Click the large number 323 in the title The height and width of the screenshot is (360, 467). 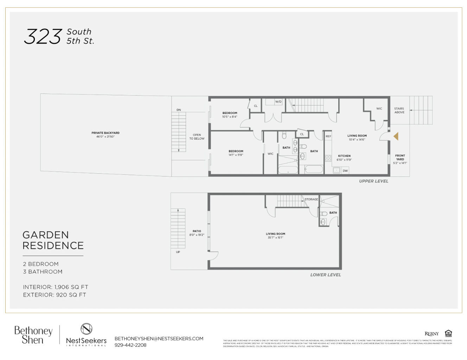click(x=43, y=37)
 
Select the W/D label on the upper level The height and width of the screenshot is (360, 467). click(x=278, y=102)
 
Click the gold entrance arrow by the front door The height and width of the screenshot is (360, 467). click(x=396, y=136)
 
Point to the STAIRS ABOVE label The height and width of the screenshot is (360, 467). click(x=399, y=110)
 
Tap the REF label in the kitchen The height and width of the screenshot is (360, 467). click(x=328, y=136)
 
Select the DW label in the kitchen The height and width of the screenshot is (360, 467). click(x=345, y=171)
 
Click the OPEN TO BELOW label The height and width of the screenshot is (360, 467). click(x=197, y=137)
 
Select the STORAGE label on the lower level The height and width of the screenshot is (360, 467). click(x=311, y=199)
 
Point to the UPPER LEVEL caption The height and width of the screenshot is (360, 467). click(x=373, y=181)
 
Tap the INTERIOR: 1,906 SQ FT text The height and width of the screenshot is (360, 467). click(x=56, y=287)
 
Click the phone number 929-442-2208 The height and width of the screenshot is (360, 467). click(x=130, y=345)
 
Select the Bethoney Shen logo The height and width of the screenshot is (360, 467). click(x=33, y=335)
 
